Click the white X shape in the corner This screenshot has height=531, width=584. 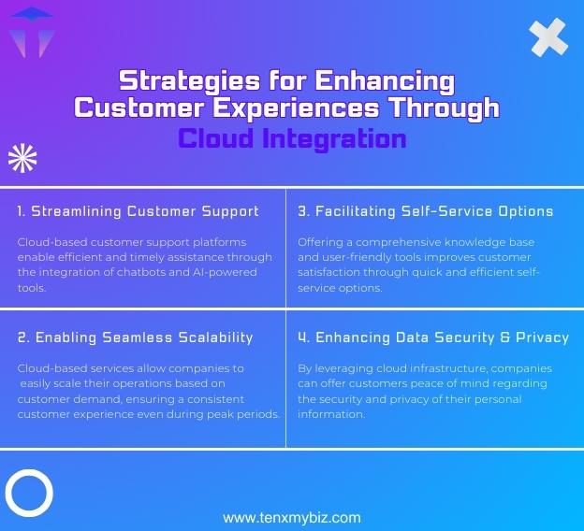548,36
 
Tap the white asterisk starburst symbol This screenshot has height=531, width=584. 22,159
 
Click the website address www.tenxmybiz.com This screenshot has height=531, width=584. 291,517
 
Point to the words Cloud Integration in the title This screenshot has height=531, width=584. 292,139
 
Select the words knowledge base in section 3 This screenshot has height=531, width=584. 494,242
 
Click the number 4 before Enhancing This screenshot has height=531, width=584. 302,337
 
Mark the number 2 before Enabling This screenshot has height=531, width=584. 22,337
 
